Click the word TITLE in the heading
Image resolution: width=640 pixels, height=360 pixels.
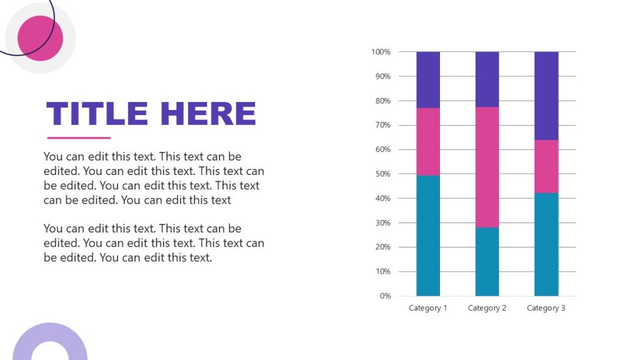(x=97, y=114)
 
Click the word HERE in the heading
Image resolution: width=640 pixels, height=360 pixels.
(x=208, y=114)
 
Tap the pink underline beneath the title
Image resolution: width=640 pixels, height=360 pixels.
(x=79, y=137)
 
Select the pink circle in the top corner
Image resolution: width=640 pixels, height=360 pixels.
(x=40, y=38)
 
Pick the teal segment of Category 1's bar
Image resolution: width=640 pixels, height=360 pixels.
(x=428, y=236)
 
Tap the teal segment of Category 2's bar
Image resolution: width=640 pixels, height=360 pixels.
(x=487, y=261)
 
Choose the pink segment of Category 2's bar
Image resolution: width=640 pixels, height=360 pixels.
(x=487, y=167)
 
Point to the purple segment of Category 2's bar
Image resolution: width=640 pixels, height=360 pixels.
(x=487, y=79)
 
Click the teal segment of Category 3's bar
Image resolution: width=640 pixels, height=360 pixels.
(x=546, y=244)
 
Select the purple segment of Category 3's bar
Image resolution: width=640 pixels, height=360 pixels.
(x=546, y=96)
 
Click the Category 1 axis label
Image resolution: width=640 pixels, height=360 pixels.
(x=428, y=308)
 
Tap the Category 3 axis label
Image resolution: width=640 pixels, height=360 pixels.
(x=546, y=308)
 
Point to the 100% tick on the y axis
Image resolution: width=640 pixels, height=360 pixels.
(x=381, y=52)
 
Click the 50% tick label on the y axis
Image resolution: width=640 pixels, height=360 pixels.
(x=382, y=174)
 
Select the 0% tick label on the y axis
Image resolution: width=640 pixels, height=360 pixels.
(x=384, y=296)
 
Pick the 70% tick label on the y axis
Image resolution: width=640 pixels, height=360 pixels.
(x=382, y=125)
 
